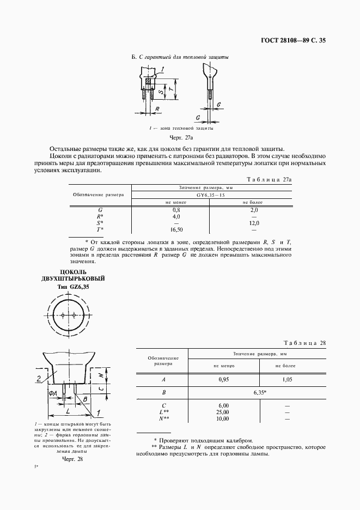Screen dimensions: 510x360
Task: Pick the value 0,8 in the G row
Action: click(x=176, y=209)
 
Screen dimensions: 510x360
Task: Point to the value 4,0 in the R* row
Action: click(x=176, y=216)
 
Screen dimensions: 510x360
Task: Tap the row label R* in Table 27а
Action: click(x=100, y=216)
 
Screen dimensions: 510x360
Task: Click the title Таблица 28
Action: click(x=305, y=343)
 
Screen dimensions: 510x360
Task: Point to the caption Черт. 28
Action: click(x=72, y=459)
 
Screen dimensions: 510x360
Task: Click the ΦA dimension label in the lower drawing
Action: click(x=53, y=393)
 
